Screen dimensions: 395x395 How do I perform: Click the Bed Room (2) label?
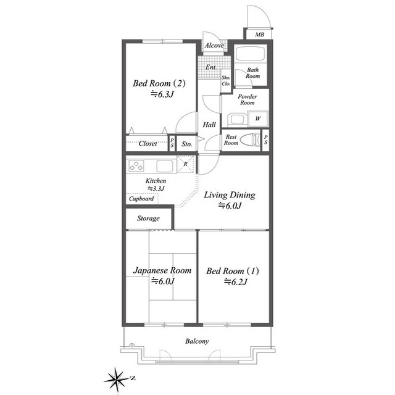pyautogui.click(x=159, y=83)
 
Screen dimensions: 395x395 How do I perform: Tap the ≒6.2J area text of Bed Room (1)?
pyautogui.click(x=236, y=281)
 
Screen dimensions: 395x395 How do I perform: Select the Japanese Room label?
pyautogui.click(x=162, y=270)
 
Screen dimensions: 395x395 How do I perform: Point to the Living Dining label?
pyautogui.click(x=230, y=195)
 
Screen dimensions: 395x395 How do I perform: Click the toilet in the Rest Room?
pyautogui.click(x=250, y=139)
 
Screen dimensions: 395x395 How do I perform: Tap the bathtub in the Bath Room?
pyautogui.click(x=251, y=54)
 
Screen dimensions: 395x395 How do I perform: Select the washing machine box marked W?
pyautogui.click(x=258, y=118)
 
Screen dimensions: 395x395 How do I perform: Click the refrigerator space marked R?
pyautogui.click(x=185, y=164)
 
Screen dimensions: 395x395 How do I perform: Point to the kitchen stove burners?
pyautogui.click(x=136, y=166)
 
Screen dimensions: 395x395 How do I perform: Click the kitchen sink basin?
pyautogui.click(x=165, y=166)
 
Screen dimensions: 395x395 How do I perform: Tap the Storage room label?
pyautogui.click(x=148, y=218)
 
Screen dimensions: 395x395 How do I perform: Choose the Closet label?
pyautogui.click(x=148, y=144)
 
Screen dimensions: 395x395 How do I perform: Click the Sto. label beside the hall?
pyautogui.click(x=186, y=144)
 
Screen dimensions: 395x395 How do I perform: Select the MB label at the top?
pyautogui.click(x=259, y=35)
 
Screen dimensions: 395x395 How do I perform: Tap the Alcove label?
pyautogui.click(x=214, y=46)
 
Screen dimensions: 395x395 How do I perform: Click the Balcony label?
pyautogui.click(x=197, y=341)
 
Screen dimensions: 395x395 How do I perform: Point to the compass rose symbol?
pyautogui.click(x=117, y=379)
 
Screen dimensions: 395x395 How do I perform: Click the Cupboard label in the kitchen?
pyautogui.click(x=141, y=199)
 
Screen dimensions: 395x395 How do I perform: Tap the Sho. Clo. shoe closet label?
pyautogui.click(x=226, y=81)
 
